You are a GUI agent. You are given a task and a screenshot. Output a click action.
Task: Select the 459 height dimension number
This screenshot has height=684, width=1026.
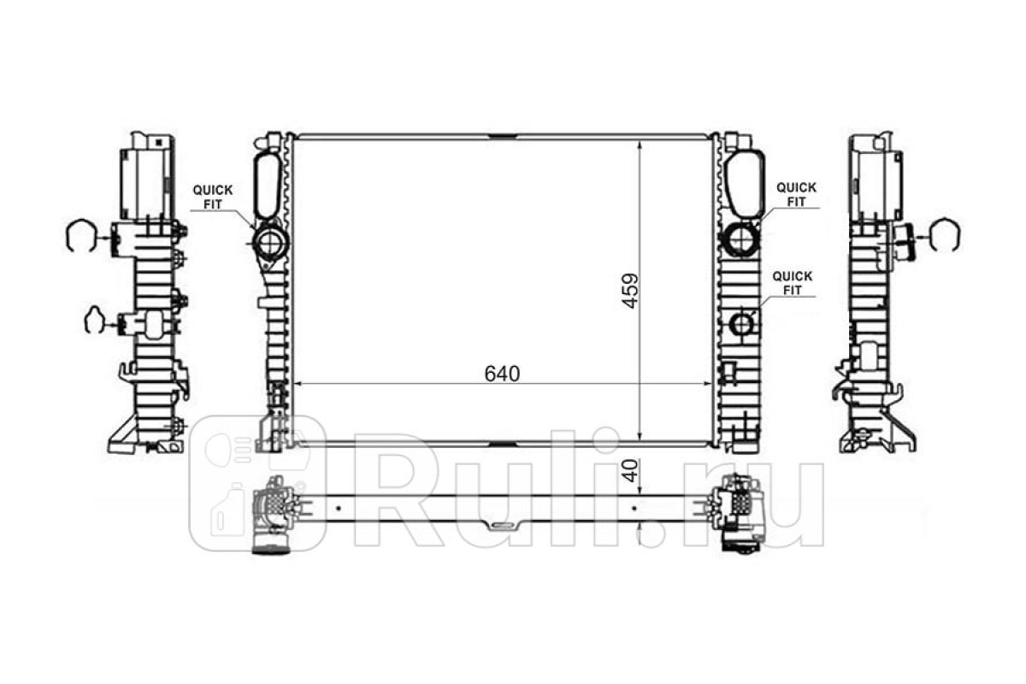pyautogui.click(x=630, y=292)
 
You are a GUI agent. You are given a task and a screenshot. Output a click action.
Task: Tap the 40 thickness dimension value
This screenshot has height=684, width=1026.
pyautogui.click(x=631, y=471)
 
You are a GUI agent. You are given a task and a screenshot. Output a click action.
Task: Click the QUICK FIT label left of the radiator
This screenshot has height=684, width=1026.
pyautogui.click(x=213, y=197)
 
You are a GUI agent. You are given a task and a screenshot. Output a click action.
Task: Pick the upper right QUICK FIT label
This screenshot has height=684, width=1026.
pyautogui.click(x=796, y=195)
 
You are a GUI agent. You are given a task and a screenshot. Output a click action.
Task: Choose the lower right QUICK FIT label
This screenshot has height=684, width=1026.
pyautogui.click(x=793, y=283)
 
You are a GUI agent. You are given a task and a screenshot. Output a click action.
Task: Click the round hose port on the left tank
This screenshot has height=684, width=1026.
pyautogui.click(x=270, y=241)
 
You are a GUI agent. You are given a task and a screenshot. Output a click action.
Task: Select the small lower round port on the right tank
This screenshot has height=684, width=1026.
pyautogui.click(x=741, y=324)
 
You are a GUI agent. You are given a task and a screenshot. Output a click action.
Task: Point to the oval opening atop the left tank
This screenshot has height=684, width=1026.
pyautogui.click(x=268, y=186)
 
